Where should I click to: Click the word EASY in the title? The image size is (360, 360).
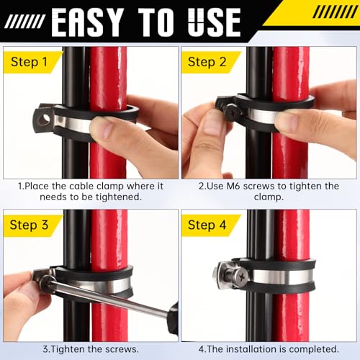tap(93, 22)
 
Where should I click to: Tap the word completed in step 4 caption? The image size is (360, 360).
tap(312, 349)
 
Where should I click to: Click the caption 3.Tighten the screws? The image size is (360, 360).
tap(90, 349)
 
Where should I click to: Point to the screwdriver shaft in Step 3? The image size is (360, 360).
tap(108, 295)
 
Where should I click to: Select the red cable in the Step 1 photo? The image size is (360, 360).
tap(108, 79)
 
